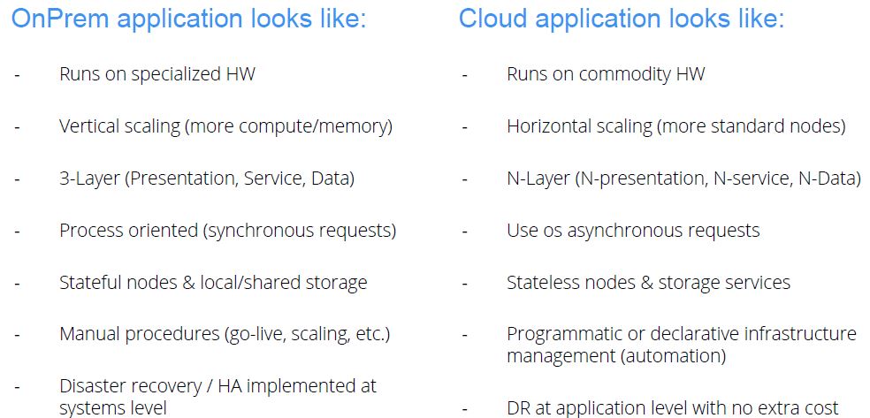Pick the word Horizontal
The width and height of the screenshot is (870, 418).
point(549,126)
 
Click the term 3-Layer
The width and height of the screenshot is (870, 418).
point(88,179)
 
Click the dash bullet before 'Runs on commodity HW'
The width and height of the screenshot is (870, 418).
point(464,74)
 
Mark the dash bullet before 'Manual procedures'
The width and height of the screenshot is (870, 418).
point(17,335)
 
